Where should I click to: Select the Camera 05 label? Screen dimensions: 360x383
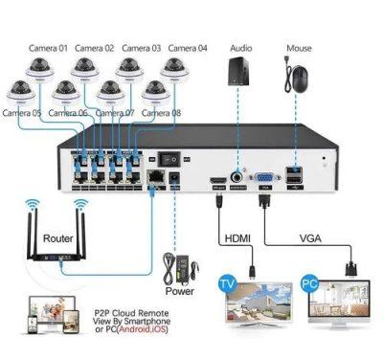coord(22,113)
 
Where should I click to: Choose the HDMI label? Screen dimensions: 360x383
coord(239,236)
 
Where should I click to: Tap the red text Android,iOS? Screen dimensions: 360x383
coord(147,333)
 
